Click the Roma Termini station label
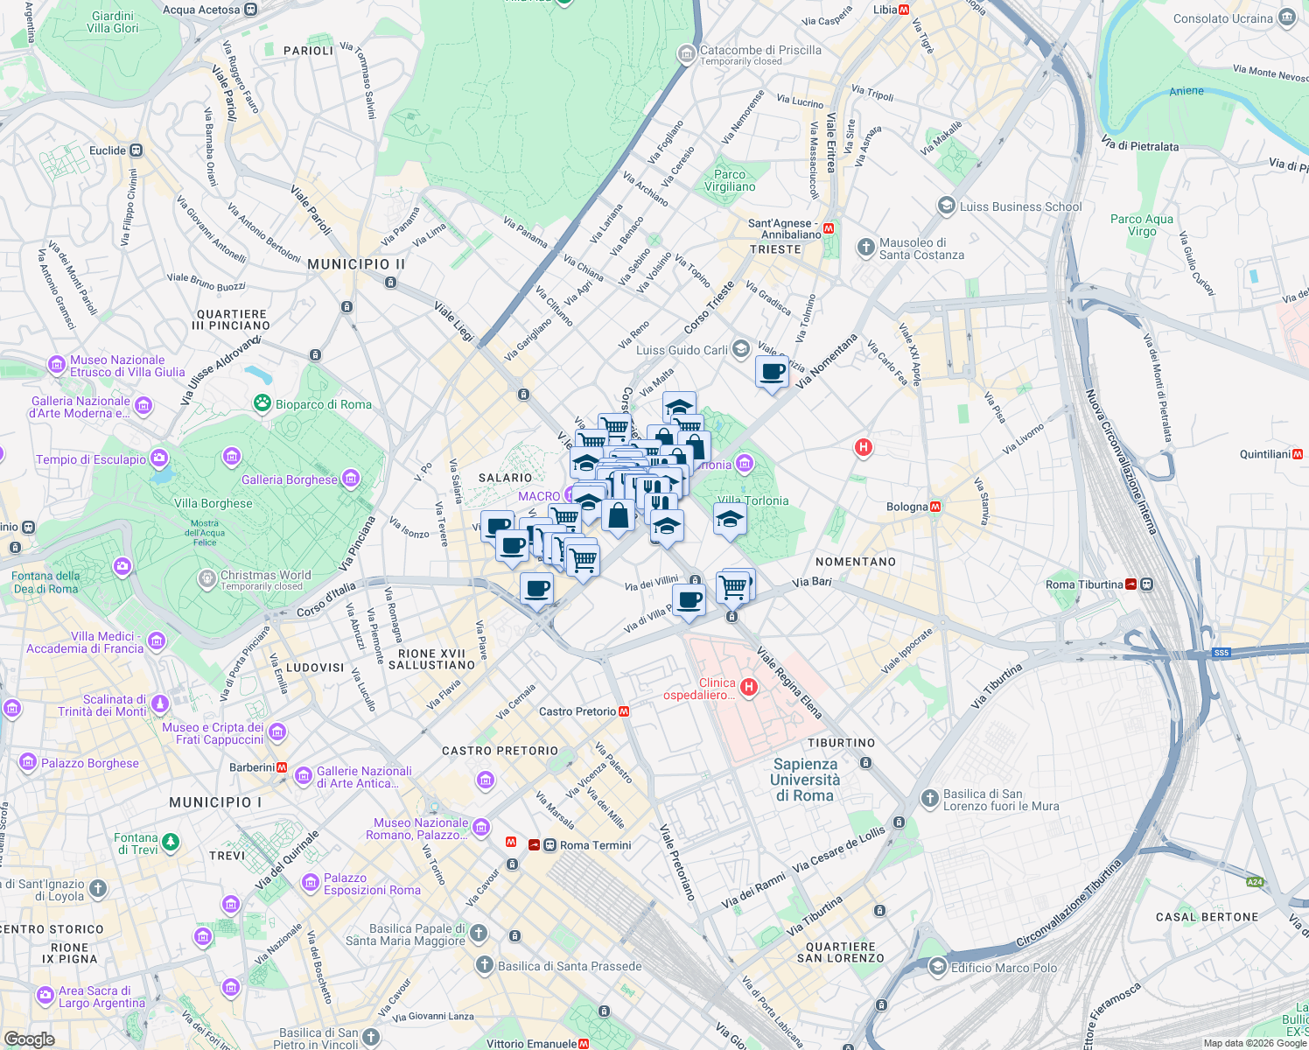click(595, 845)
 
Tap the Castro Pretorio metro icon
click(624, 711)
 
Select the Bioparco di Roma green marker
click(262, 403)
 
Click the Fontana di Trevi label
click(136, 843)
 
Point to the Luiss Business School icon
click(946, 206)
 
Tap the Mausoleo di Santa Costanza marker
click(865, 248)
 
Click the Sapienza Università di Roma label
click(805, 780)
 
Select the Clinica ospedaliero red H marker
click(748, 687)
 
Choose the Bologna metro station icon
click(935, 507)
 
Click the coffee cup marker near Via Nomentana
click(772, 373)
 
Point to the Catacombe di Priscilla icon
click(687, 54)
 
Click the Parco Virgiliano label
click(730, 180)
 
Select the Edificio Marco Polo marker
click(937, 967)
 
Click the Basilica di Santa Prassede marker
click(484, 965)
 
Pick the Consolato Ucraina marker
click(1286, 17)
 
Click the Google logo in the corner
click(29, 1039)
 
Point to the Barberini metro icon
click(282, 767)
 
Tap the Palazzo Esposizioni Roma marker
click(311, 883)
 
